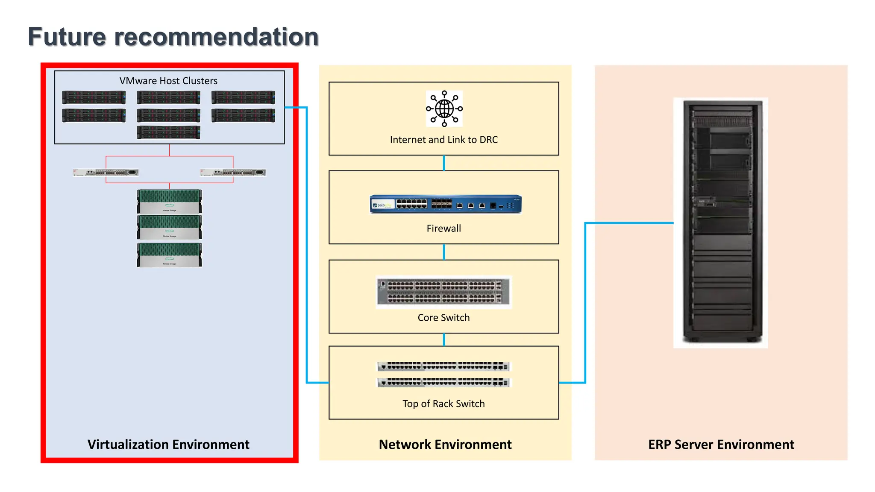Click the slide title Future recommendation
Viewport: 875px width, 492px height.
173,37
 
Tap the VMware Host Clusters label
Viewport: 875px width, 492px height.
168,81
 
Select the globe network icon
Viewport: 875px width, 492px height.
444,108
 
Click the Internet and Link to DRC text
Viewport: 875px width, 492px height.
443,140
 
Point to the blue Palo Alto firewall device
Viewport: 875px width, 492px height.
445,204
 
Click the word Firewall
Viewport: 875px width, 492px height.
443,228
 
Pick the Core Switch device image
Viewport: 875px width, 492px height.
443,292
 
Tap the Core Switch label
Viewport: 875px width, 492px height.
443,318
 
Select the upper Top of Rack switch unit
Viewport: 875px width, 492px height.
443,366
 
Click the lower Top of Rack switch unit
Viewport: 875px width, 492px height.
443,382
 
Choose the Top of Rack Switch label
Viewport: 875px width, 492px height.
443,404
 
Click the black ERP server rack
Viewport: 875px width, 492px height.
720,222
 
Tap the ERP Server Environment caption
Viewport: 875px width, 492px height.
721,445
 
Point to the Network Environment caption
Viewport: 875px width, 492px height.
445,445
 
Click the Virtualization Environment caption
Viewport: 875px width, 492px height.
168,445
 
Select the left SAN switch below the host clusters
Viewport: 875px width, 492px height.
106,173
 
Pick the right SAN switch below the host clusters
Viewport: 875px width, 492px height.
233,173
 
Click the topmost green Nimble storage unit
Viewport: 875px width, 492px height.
169,201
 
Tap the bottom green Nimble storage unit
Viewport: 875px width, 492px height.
169,255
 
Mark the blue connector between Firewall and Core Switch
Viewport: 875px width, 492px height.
444,252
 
